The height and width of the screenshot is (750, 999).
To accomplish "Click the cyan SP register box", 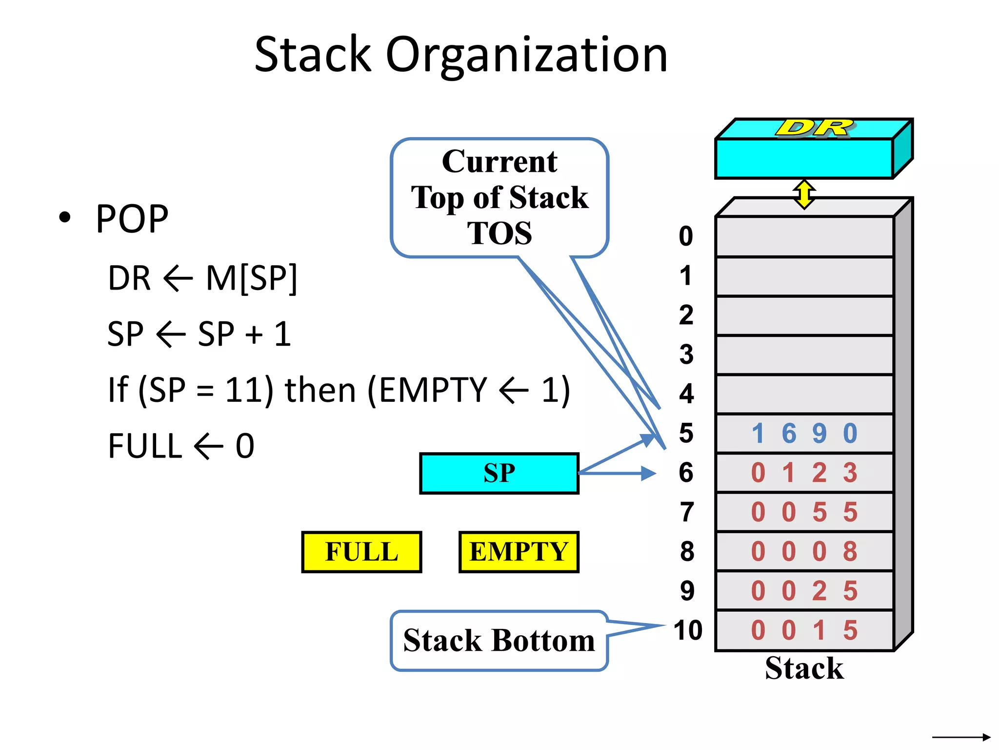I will point(499,473).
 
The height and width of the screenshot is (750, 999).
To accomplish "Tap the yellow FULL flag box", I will point(361,552).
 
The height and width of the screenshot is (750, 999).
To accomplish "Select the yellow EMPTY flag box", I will point(519,552).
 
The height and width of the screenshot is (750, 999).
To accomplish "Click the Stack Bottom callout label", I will point(499,641).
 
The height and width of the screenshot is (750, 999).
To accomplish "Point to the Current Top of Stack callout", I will point(499,197).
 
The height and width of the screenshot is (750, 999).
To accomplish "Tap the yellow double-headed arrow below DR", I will point(804,194).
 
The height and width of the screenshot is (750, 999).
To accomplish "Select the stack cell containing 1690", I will point(804,434).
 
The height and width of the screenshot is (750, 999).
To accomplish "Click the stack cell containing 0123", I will point(804,473).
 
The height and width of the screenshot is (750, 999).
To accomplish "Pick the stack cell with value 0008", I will point(804,552).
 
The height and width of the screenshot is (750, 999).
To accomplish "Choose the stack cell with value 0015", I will point(804,630).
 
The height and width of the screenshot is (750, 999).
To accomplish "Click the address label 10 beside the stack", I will point(688,630).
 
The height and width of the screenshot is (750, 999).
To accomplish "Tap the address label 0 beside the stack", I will point(686,236).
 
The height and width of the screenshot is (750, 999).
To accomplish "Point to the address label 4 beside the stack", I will point(686,394).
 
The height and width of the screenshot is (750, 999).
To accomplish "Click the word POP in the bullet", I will point(132,219).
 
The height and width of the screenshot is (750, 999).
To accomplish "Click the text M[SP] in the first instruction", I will point(251,278).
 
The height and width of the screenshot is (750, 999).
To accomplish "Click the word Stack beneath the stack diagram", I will point(804,668).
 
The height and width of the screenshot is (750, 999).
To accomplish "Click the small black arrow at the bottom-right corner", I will point(960,737).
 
